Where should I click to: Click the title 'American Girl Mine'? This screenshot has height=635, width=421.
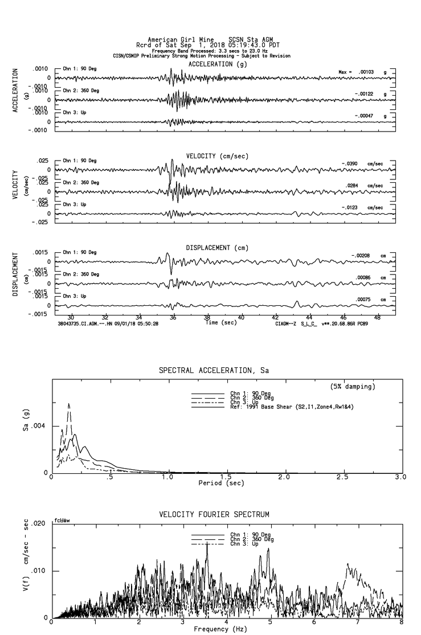(x=181, y=40)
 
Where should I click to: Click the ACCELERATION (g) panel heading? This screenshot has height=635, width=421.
(x=218, y=64)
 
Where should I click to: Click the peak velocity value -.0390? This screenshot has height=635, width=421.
(x=349, y=164)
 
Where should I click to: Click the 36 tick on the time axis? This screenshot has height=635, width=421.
(x=173, y=318)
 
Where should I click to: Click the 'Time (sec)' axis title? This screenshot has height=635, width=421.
(x=220, y=323)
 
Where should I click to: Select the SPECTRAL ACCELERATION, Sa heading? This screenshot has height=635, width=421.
(x=214, y=371)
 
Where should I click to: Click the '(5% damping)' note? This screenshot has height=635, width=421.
(x=353, y=387)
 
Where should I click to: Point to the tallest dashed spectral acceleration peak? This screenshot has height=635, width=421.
(x=69, y=404)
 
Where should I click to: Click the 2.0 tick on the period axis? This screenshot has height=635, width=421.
(x=284, y=477)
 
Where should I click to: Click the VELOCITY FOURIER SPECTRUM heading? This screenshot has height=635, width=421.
(x=214, y=515)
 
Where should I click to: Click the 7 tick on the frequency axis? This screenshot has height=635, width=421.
(x=358, y=623)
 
